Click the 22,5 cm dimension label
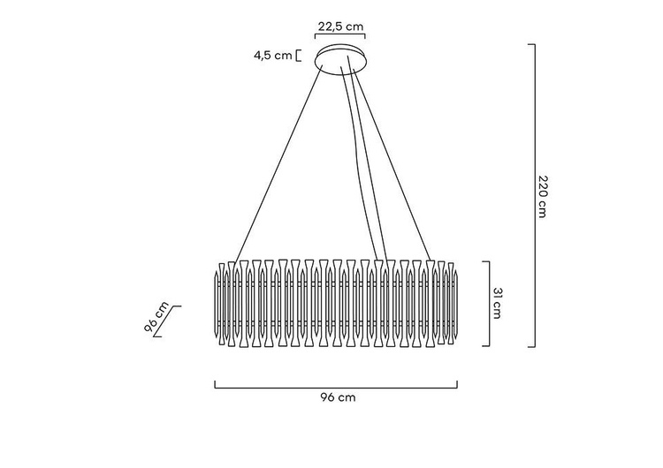(340, 26)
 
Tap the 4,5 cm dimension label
(273, 56)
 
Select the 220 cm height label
(543, 195)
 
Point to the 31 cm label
(497, 303)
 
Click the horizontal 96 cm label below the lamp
(338, 397)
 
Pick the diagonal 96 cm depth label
(156, 318)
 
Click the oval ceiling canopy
(341, 59)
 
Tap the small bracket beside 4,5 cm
(299, 56)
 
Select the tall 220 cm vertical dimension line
(535, 195)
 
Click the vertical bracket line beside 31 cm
(489, 304)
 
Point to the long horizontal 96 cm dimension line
(336, 388)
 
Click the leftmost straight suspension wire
(278, 164)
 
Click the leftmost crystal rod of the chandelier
(217, 304)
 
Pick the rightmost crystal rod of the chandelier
(456, 304)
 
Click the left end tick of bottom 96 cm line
(215, 384)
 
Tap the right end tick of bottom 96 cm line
(457, 384)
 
